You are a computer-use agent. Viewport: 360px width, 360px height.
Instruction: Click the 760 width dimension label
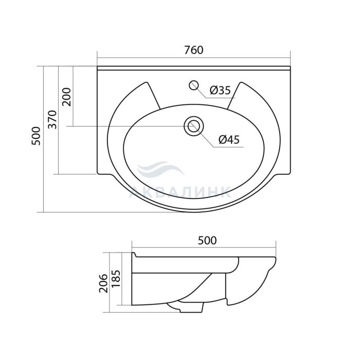point(194,50)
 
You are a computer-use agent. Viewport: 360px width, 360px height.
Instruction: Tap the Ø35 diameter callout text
point(220,90)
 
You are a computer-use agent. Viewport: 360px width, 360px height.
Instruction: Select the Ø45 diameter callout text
point(229,139)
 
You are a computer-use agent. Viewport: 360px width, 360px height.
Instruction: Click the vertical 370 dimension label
point(52,119)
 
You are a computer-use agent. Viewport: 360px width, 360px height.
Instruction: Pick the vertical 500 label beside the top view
point(36,136)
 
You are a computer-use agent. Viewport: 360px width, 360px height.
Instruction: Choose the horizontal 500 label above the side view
point(207,240)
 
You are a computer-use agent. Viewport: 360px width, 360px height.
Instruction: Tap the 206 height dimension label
point(103,283)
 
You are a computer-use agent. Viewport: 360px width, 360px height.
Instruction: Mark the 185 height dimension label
point(116,279)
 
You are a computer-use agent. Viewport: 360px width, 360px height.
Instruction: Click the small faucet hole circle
point(194,85)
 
